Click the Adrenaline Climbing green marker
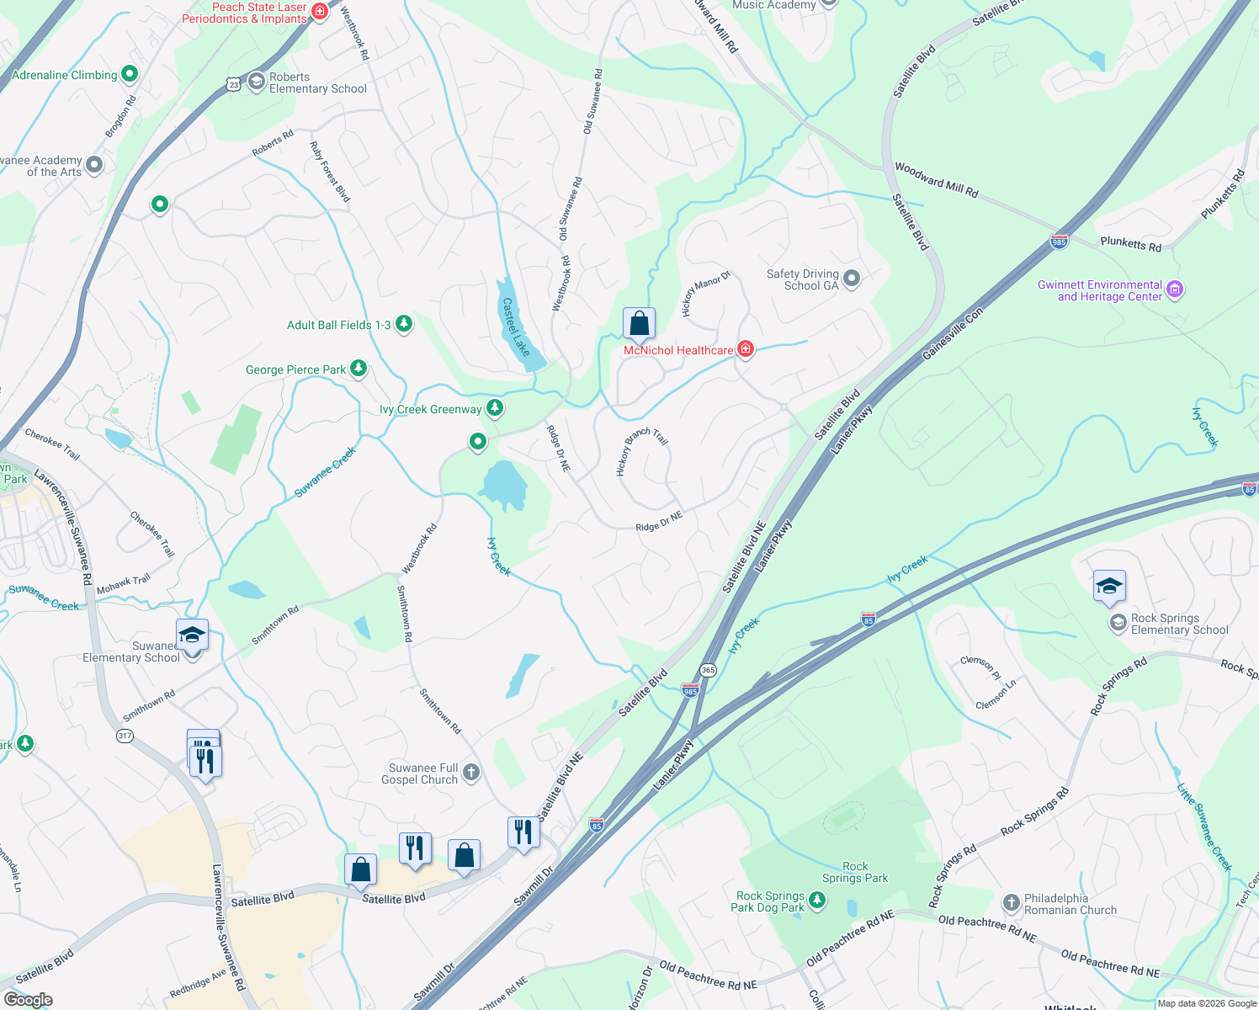point(130,74)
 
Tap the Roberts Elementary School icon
point(257,82)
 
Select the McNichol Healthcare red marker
point(745,349)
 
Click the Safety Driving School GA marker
point(852,279)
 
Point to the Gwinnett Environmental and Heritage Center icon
point(1176,290)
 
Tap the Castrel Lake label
point(516,327)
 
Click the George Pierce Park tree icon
point(359,369)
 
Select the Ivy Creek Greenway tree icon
point(495,409)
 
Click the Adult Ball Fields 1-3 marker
point(404,324)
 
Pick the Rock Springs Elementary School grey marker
point(1118,623)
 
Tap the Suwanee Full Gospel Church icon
point(471,772)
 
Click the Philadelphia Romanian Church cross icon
point(1012,903)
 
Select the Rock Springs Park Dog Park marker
point(816,901)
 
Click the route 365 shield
point(708,671)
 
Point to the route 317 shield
point(125,736)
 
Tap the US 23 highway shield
point(233,83)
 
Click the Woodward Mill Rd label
point(936,180)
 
